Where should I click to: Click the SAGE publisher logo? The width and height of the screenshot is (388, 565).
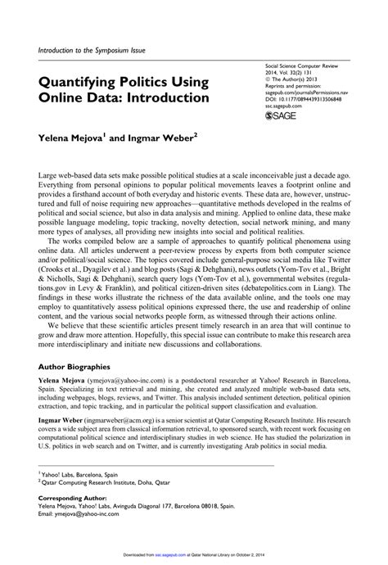point(283,117)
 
